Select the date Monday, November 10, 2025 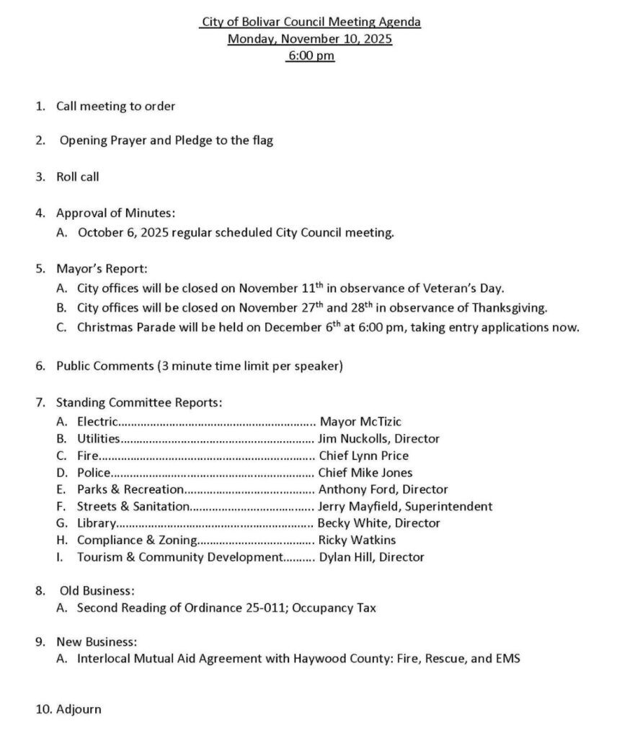310,39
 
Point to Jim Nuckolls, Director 379,438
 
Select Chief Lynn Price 364,455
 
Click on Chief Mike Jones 366,473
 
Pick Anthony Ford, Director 383,489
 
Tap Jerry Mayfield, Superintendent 406,507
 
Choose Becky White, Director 379,523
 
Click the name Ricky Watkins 358,540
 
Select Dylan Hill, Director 372,557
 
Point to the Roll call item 78,177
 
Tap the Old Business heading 97,591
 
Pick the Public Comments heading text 105,366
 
